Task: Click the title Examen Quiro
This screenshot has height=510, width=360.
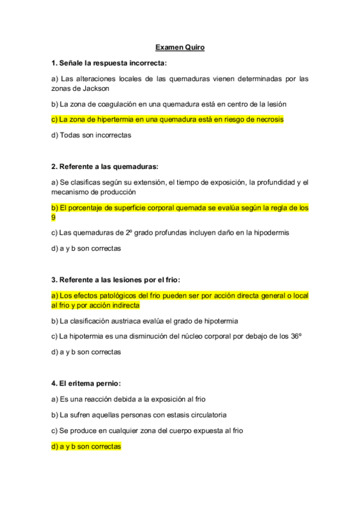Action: point(180,47)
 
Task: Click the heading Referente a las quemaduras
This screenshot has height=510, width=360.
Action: point(105,167)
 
